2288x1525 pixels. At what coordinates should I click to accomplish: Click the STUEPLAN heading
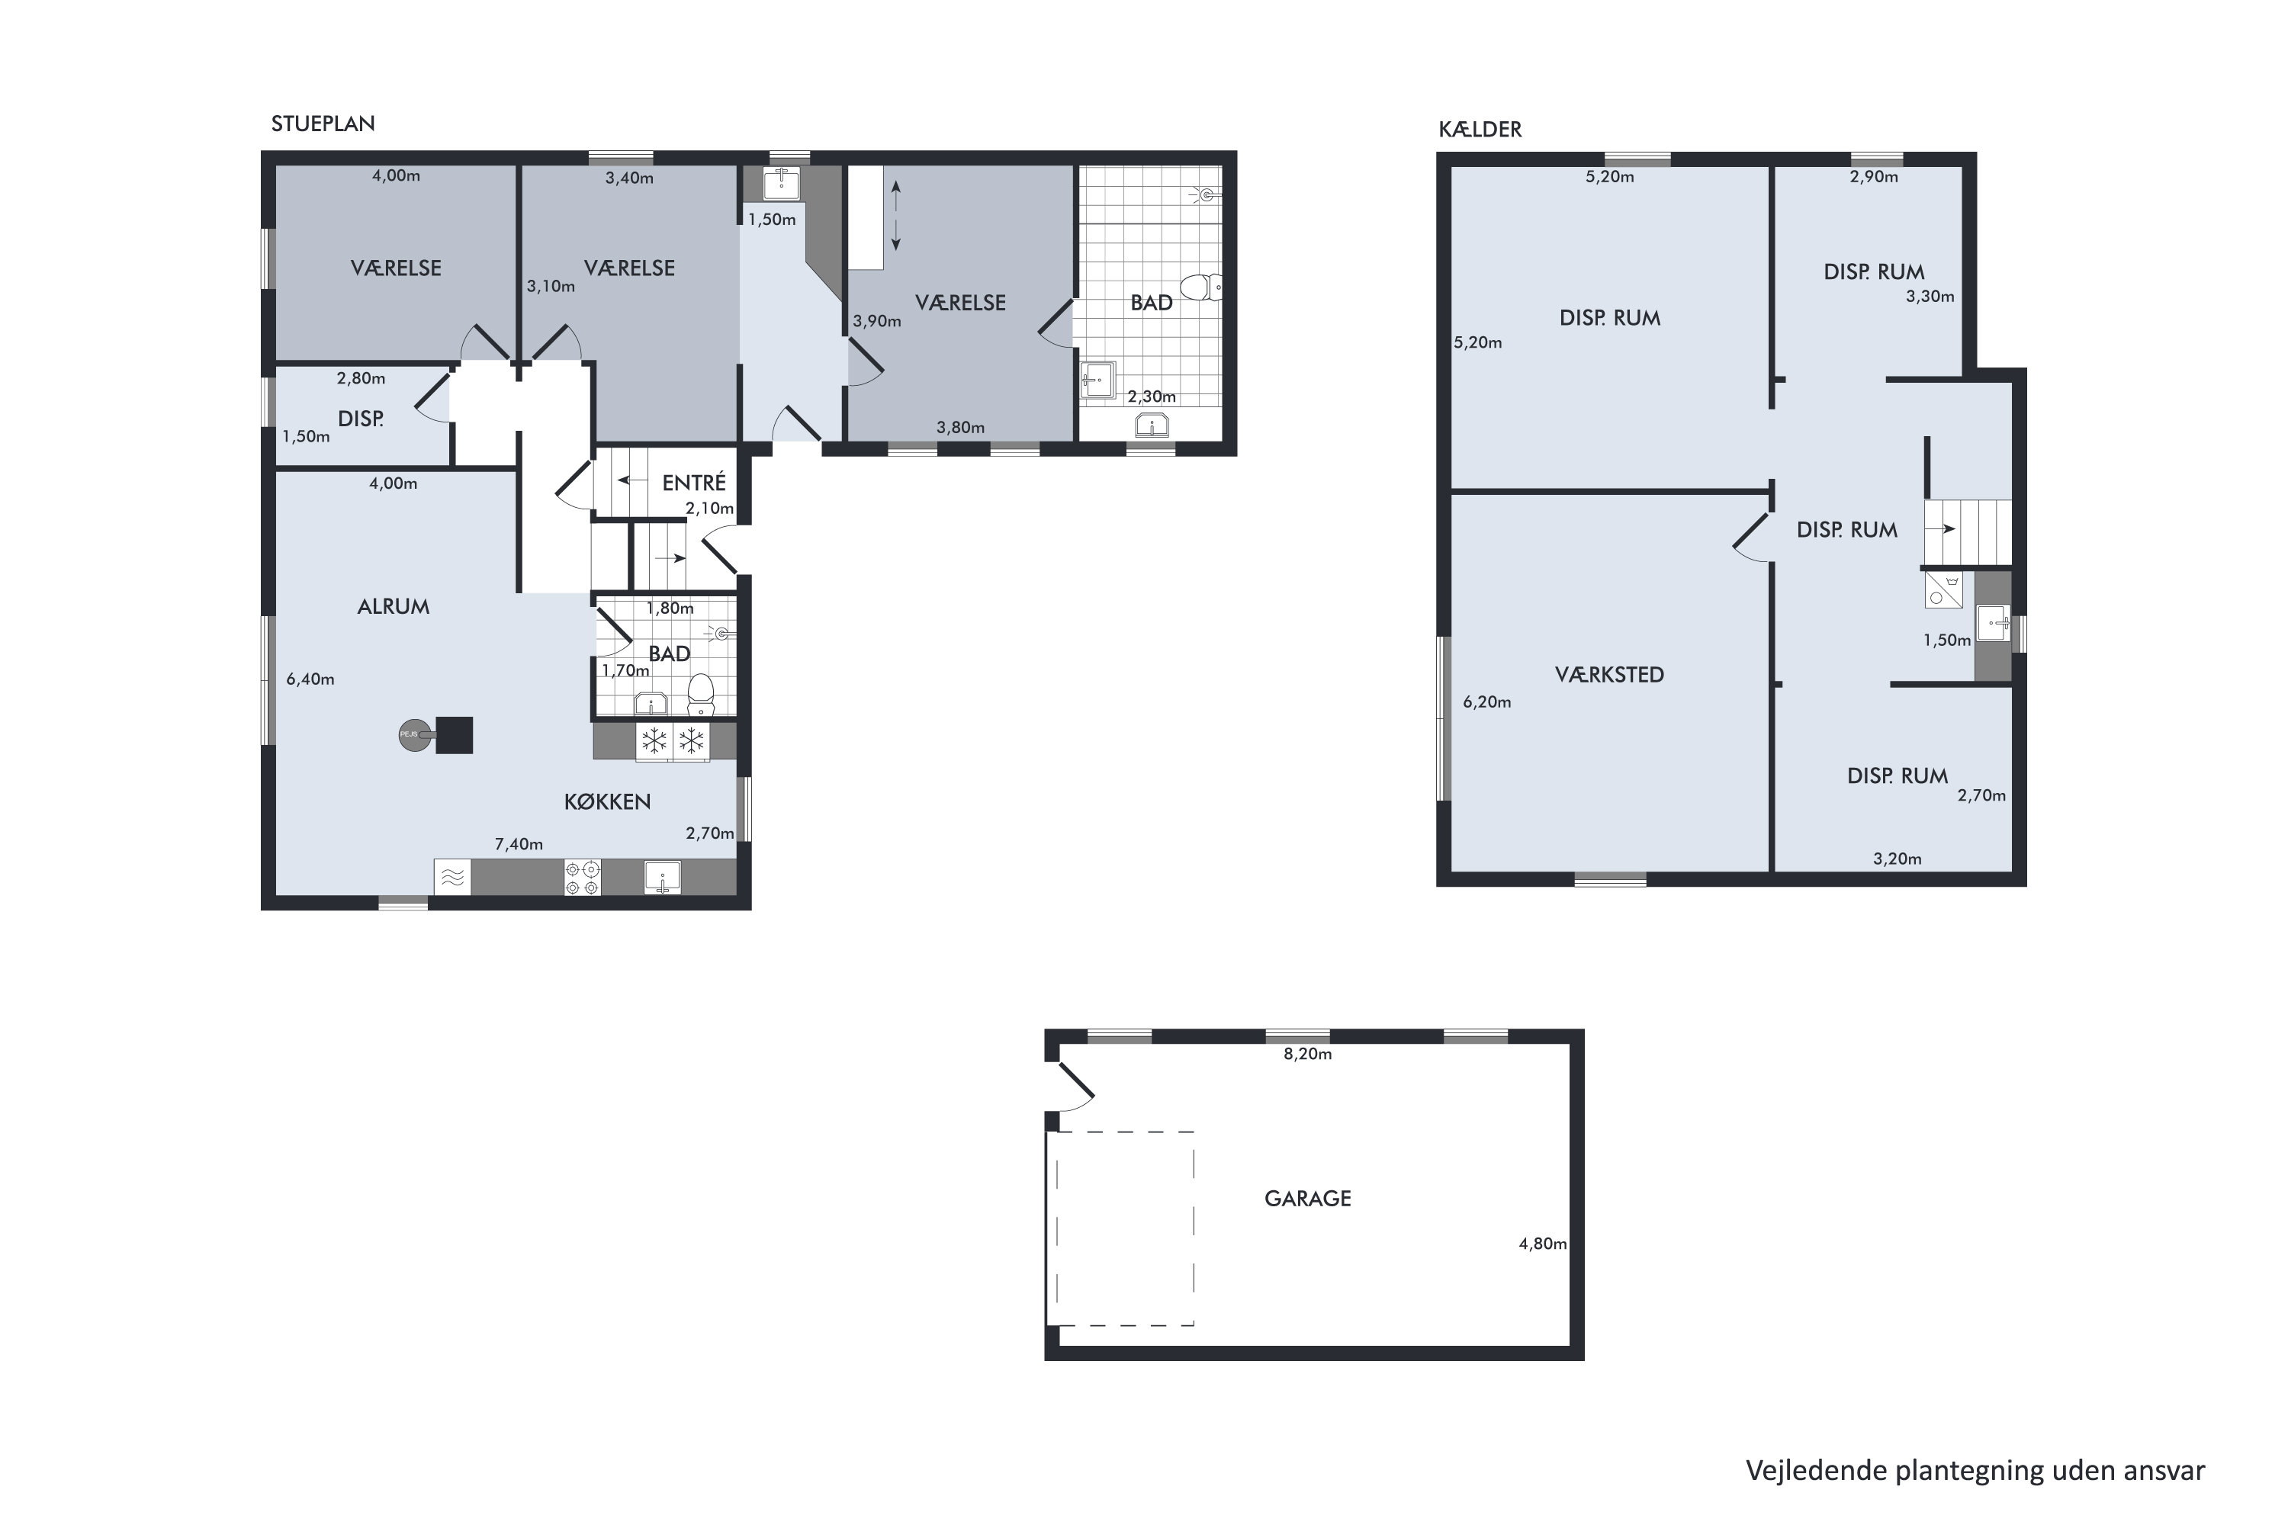click(x=323, y=124)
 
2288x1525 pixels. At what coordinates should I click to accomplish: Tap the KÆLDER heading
click(x=1480, y=130)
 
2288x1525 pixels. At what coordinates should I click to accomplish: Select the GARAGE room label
click(x=1307, y=1198)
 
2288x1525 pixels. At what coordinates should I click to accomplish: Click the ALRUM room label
click(x=393, y=607)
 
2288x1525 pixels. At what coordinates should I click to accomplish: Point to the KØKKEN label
click(x=607, y=801)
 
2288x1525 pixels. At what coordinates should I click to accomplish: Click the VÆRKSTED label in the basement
click(x=1609, y=674)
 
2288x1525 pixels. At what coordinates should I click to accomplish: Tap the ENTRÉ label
click(x=693, y=483)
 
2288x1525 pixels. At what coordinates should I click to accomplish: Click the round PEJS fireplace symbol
click(x=414, y=734)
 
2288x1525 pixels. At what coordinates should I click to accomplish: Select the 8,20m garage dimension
click(x=1307, y=1053)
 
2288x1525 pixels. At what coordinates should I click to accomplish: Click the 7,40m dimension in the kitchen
click(x=519, y=844)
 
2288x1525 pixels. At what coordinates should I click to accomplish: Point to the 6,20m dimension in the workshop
click(x=1486, y=702)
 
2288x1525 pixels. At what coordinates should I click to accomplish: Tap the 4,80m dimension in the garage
click(x=1543, y=1243)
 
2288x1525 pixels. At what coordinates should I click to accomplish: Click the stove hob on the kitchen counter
click(x=583, y=878)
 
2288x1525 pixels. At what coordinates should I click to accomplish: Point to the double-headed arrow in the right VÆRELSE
click(x=896, y=216)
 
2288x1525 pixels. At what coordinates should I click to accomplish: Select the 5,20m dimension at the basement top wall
click(x=1610, y=177)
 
